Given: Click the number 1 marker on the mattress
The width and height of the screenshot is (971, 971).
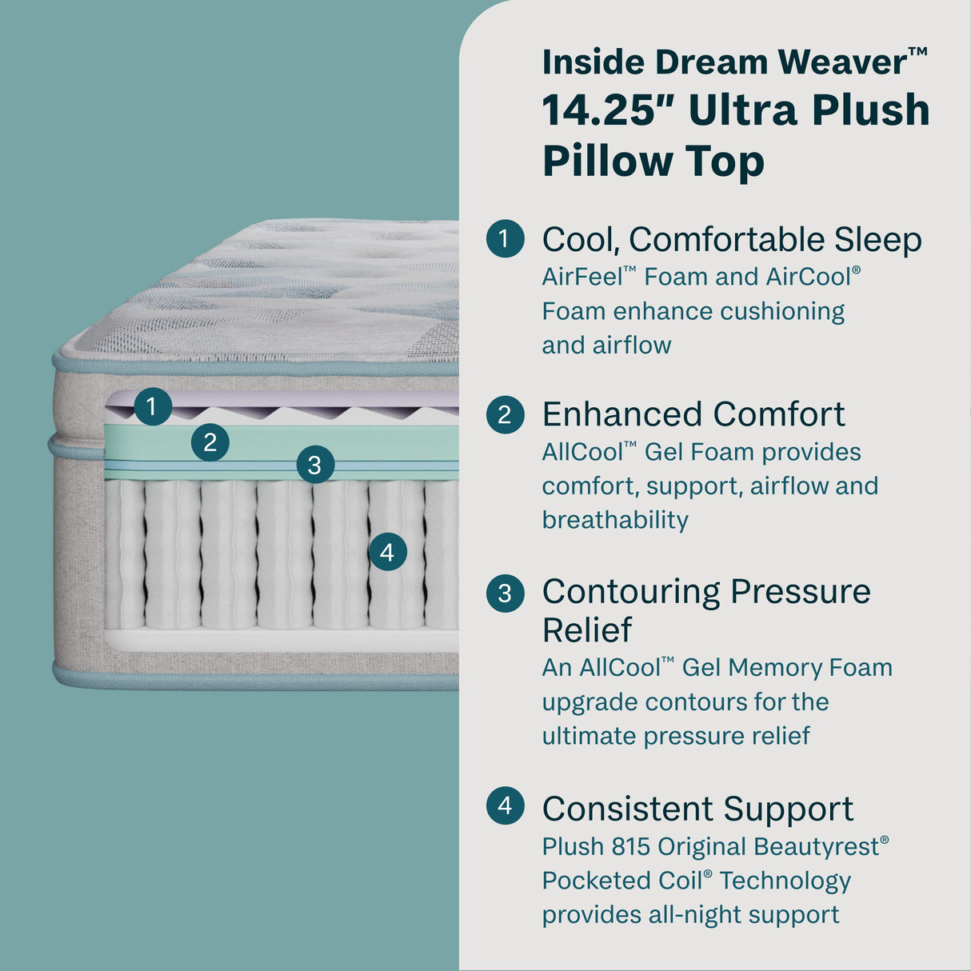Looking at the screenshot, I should [x=153, y=406].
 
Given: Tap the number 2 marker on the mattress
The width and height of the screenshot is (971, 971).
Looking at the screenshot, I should [x=210, y=442].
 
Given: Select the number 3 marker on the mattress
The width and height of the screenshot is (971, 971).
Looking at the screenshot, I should [x=315, y=465].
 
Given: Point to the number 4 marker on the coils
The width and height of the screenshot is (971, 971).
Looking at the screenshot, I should [x=388, y=552].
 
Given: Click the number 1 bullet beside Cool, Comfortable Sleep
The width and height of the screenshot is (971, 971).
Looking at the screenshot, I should [x=505, y=238].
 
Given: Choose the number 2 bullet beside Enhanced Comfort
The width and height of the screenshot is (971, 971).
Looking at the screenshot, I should [x=505, y=415].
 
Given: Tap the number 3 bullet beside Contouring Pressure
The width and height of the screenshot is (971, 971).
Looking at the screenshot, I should [x=505, y=593].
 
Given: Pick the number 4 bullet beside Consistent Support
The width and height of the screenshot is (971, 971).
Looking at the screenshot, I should [x=505, y=805].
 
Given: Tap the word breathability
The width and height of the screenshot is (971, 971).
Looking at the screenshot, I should [x=615, y=520].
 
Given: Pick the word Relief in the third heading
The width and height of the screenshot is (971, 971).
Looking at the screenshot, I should [x=587, y=630].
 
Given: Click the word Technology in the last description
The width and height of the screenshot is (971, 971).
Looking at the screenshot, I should [x=785, y=881].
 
